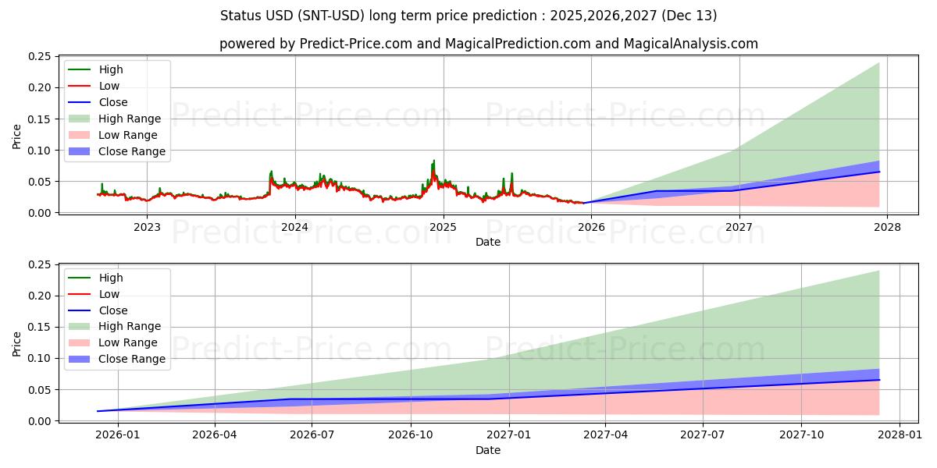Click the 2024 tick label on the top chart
pyautogui.click(x=295, y=228)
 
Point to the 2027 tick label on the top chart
pyautogui.click(x=739, y=228)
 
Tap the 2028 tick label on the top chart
pyautogui.click(x=887, y=228)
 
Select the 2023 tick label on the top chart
pyautogui.click(x=147, y=228)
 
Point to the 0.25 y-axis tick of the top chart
pyautogui.click(x=39, y=57)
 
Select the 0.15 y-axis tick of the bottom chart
pyautogui.click(x=39, y=328)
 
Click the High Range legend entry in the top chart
pyautogui.click(x=130, y=119)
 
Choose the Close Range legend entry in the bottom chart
pyautogui.click(x=132, y=359)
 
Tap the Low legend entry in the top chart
pyautogui.click(x=109, y=86)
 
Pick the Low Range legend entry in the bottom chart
pyautogui.click(x=129, y=342)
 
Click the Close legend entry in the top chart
pyautogui.click(x=113, y=102)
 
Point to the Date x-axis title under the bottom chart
pyautogui.click(x=488, y=450)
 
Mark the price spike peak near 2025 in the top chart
pyautogui.click(x=434, y=161)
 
